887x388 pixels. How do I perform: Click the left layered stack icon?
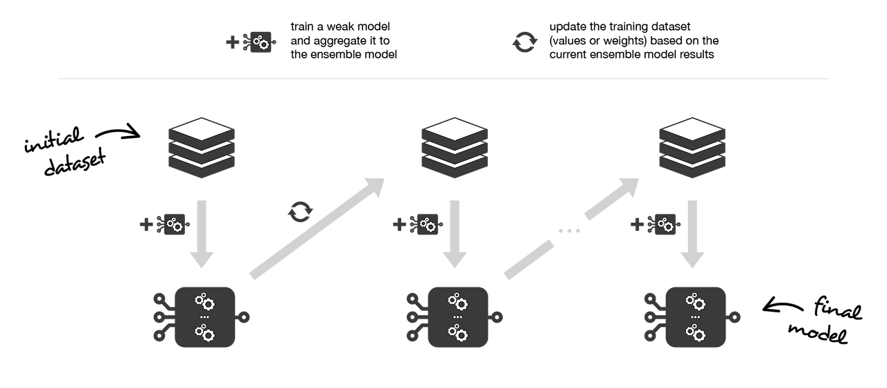[202, 147]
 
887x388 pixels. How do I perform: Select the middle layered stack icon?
[454, 147]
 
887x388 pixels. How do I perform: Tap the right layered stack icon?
[692, 147]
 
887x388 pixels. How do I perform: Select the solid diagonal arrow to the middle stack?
[317, 228]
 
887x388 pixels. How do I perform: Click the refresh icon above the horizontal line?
[525, 43]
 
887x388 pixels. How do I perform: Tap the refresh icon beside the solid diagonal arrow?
[299, 211]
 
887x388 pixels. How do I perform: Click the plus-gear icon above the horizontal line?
[252, 43]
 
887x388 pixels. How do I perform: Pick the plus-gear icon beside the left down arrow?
[165, 225]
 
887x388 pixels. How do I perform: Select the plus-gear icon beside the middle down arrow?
[416, 225]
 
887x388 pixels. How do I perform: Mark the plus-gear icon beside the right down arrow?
[654, 225]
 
